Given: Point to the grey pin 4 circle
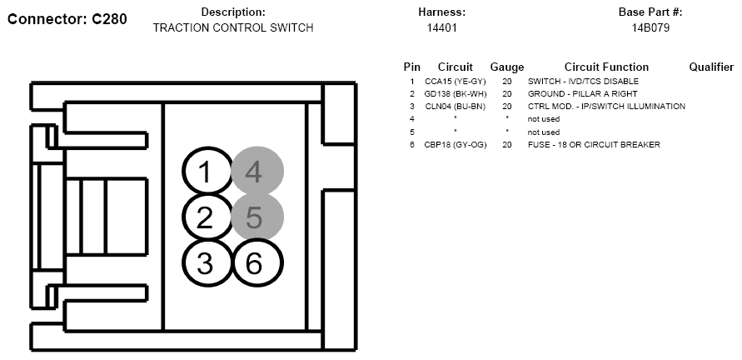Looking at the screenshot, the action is pyautogui.click(x=257, y=171).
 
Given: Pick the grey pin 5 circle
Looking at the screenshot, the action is pyautogui.click(x=257, y=217).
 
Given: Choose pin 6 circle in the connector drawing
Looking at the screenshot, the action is pyautogui.click(x=257, y=262).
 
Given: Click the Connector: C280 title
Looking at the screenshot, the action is pyautogui.click(x=67, y=19).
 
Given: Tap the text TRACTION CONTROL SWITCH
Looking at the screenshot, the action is pyautogui.click(x=233, y=28).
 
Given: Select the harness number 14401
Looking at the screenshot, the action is pyautogui.click(x=441, y=28).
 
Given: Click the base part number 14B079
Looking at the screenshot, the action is pyautogui.click(x=650, y=28).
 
